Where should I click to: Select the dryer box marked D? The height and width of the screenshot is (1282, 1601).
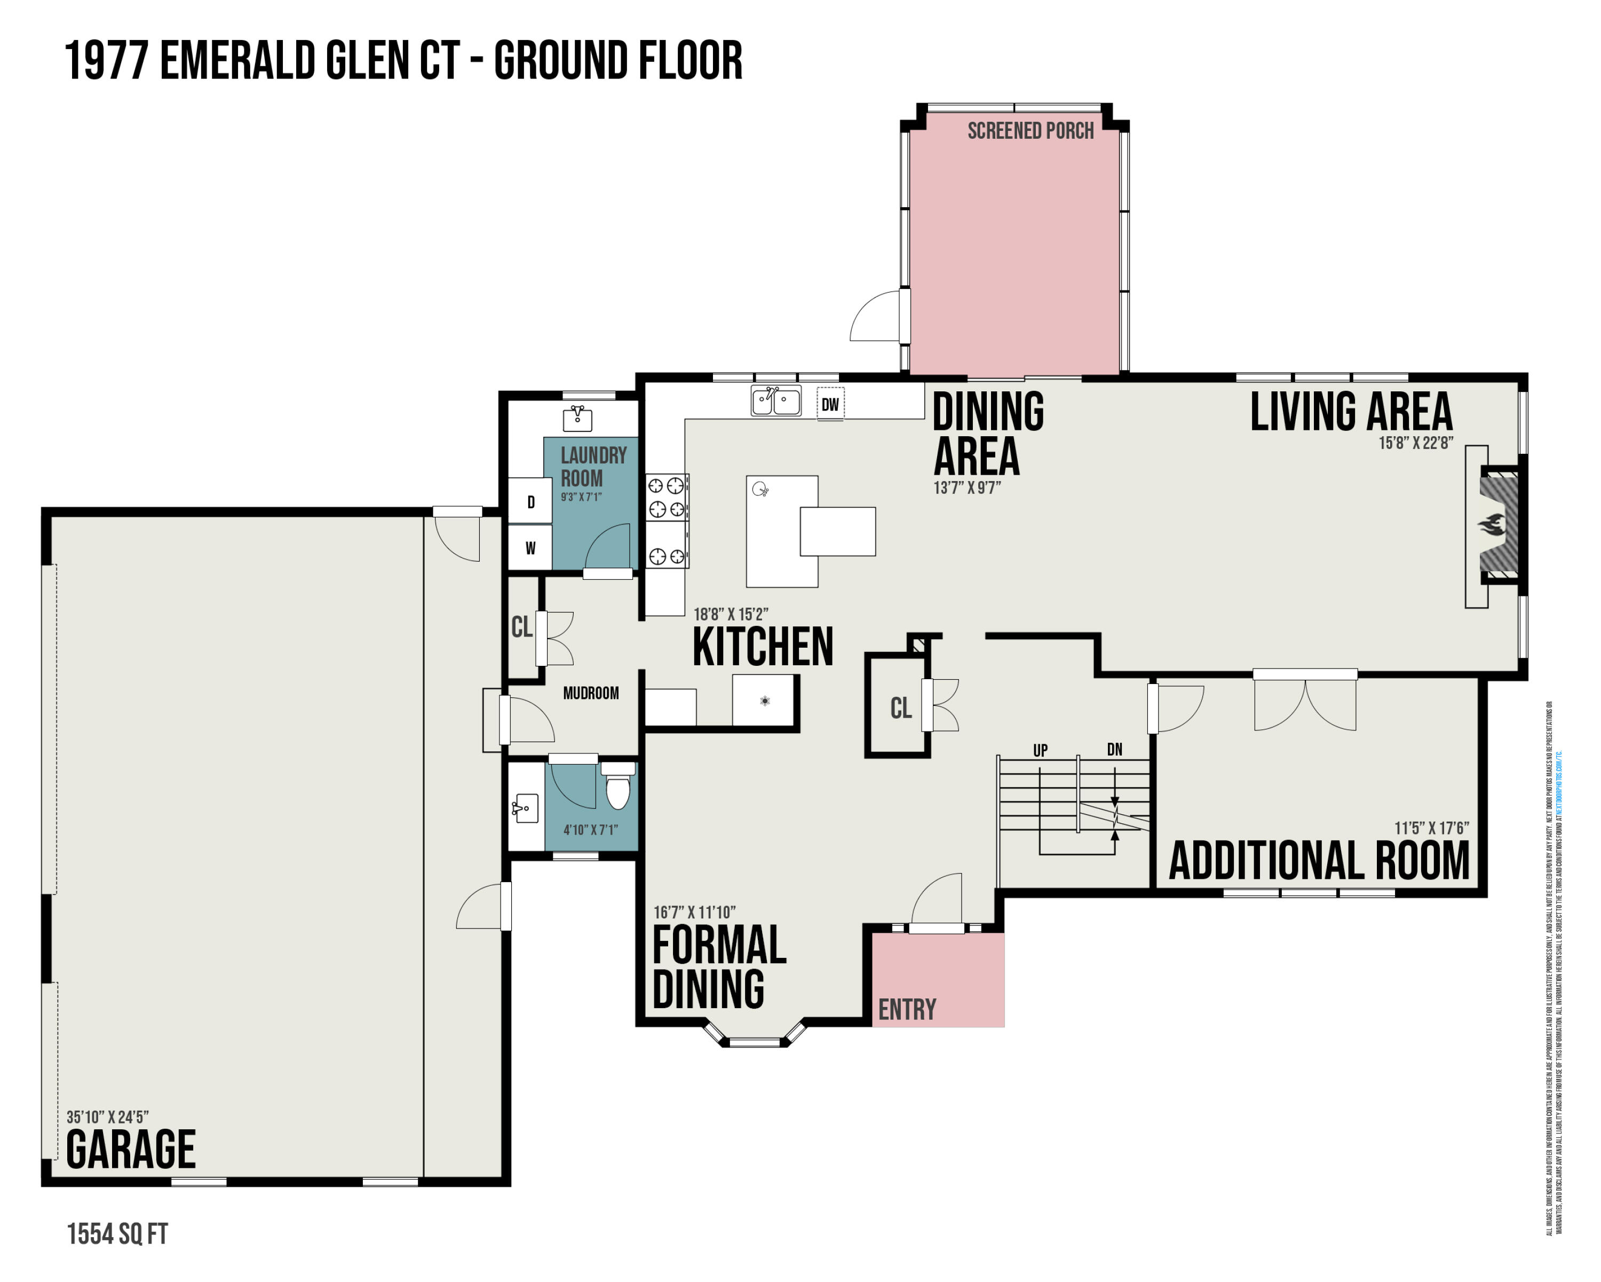point(530,502)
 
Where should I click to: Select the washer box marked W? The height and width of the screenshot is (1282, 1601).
point(530,548)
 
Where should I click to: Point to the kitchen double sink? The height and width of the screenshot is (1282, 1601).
point(776,401)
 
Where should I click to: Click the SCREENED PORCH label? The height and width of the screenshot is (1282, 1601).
point(1030,131)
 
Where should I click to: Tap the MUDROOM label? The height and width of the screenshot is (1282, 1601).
point(590,693)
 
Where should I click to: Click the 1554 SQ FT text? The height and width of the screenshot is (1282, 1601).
point(117,1234)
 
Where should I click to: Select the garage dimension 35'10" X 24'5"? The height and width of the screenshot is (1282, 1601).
point(108,1117)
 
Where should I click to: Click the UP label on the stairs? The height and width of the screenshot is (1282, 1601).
point(1040,751)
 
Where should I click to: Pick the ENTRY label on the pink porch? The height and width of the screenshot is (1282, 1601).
point(907,1009)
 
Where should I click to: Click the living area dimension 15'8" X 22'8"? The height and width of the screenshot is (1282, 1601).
point(1415,443)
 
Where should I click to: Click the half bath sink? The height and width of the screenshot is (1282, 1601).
point(526,808)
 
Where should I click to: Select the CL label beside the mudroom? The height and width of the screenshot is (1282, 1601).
point(521,627)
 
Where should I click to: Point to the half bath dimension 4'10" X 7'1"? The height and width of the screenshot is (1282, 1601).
point(590,830)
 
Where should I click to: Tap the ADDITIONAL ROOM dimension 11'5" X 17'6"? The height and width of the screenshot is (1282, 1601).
point(1431,828)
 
